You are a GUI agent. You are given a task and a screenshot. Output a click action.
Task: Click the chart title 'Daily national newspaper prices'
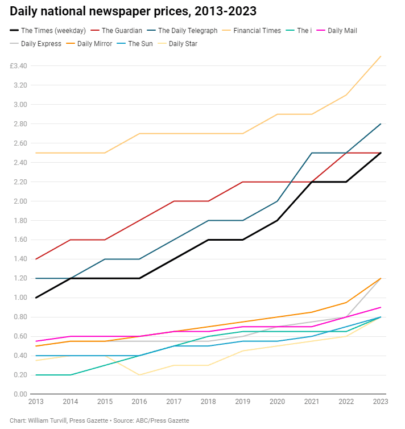[x=100, y=11]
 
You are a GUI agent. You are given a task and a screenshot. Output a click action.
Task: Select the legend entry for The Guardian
[x=117, y=31]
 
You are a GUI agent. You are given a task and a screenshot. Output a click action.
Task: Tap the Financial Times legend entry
[x=251, y=31]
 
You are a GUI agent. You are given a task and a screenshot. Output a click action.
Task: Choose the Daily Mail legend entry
[x=337, y=31]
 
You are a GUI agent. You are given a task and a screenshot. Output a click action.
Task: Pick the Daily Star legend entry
[x=177, y=44]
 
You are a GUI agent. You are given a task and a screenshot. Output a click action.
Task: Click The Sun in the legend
[x=135, y=44]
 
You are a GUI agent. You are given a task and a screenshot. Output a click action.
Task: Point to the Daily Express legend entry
[x=35, y=44]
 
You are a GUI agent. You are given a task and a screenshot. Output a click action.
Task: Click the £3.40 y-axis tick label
[x=19, y=66]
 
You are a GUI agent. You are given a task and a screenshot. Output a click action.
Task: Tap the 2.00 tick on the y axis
[x=20, y=201]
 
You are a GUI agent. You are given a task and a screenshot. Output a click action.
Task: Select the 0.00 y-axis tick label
[x=20, y=394]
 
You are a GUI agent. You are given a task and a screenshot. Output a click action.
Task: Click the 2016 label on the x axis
[x=139, y=402]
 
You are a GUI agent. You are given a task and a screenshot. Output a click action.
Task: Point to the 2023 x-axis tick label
[x=381, y=402]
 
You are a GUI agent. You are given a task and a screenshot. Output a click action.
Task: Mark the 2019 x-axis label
[x=243, y=402]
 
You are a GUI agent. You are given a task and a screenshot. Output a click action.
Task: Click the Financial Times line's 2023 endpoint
[x=381, y=56]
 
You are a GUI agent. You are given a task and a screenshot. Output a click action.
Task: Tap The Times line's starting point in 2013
[x=36, y=298]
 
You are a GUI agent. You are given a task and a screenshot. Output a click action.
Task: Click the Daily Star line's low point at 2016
[x=139, y=375]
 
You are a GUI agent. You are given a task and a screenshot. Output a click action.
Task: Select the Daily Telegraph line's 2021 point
[x=312, y=153]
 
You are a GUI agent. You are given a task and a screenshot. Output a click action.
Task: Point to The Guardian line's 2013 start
[x=36, y=259]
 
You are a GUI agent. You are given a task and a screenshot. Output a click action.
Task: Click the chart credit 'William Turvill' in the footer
[x=48, y=420]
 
